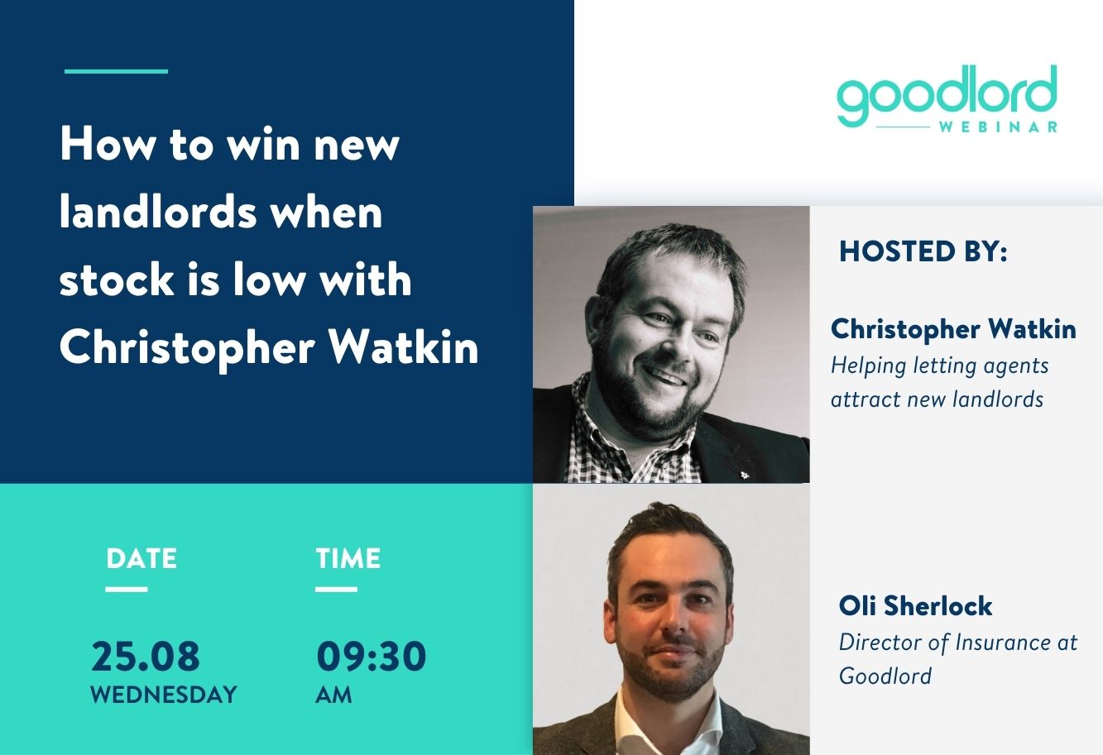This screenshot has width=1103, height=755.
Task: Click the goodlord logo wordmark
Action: point(947,95)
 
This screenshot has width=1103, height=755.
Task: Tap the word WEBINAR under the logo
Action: point(998,127)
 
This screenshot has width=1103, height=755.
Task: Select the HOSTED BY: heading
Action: point(923,251)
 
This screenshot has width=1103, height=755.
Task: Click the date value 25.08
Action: point(146,656)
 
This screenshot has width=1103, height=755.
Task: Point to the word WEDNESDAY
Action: point(164,695)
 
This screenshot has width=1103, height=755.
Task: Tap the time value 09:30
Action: point(371,656)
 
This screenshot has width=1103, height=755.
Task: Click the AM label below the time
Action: point(333,695)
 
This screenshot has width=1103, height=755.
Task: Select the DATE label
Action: point(141,559)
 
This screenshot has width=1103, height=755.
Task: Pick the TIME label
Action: point(348,559)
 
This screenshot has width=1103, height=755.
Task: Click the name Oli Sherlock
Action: point(915,605)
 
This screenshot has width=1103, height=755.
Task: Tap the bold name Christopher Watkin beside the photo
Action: point(953,329)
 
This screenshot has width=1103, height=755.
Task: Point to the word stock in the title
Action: point(117,280)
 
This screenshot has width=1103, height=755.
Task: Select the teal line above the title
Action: point(116,71)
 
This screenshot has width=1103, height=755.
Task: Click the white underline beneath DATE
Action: point(127,589)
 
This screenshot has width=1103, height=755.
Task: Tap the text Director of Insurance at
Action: point(958,643)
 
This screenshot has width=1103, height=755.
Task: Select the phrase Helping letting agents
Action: point(939,366)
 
